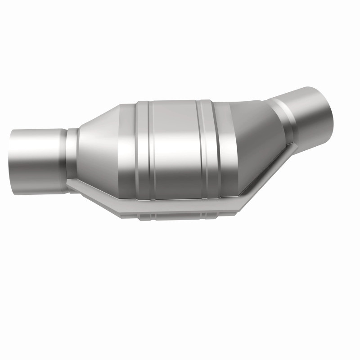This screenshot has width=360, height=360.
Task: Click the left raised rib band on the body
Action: click(x=143, y=148)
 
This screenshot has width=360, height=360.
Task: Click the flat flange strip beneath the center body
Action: click(x=180, y=206)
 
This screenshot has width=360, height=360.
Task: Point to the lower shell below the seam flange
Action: click(x=180, y=215)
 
